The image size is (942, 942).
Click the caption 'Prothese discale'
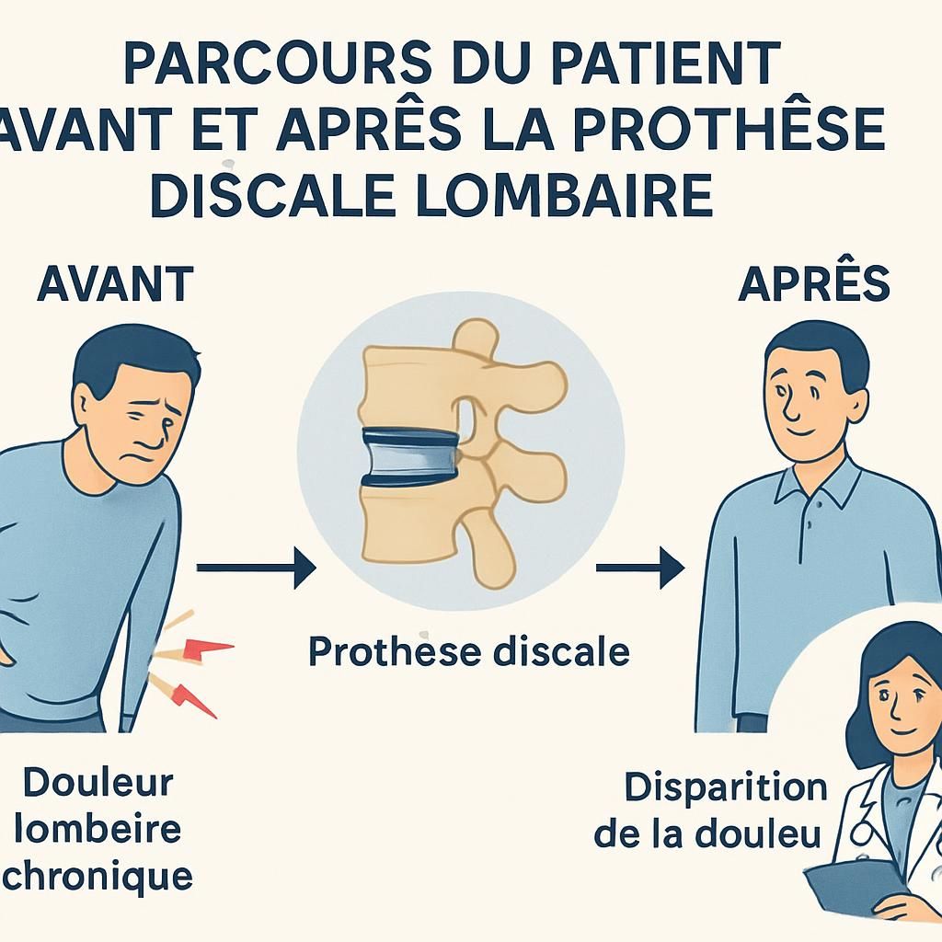point(469,651)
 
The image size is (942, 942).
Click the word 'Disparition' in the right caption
point(726,788)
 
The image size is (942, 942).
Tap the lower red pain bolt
point(195,698)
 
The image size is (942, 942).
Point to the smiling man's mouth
point(799,431)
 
